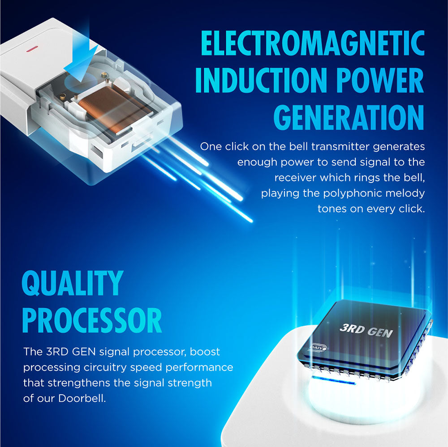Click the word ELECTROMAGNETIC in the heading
[x=313, y=43]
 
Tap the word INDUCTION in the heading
[x=261, y=80]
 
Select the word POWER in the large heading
[x=380, y=80]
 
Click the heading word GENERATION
[x=349, y=117]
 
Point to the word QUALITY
[x=73, y=283]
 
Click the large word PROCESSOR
[x=92, y=320]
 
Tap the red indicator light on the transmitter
[x=32, y=49]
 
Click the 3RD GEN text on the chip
[x=366, y=331]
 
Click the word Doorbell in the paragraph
[x=82, y=398]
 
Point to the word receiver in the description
[x=295, y=178]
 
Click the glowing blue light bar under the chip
[x=333, y=380]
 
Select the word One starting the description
[x=211, y=146]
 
